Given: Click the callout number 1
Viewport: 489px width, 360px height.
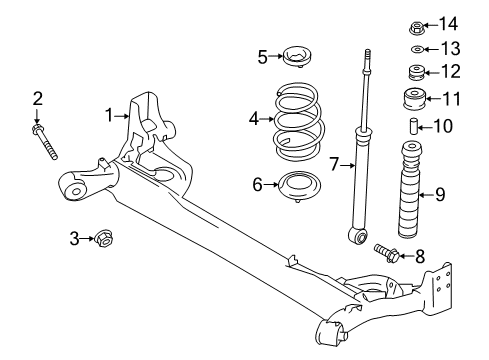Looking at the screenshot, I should pyautogui.click(x=109, y=115).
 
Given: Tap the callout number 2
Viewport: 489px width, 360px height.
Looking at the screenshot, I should pyautogui.click(x=37, y=98).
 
